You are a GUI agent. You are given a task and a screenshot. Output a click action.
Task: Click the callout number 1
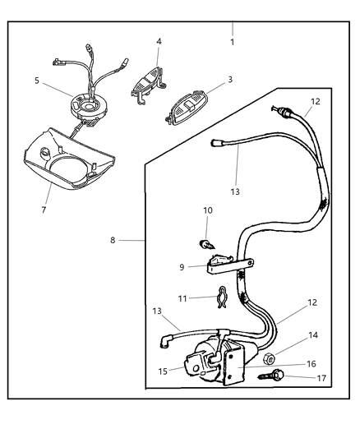232,41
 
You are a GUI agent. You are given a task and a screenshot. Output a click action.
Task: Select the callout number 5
37,81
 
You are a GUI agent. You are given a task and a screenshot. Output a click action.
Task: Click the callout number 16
312,362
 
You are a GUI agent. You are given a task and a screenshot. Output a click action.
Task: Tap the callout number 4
159,41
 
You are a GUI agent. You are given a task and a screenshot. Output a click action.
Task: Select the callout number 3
229,80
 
